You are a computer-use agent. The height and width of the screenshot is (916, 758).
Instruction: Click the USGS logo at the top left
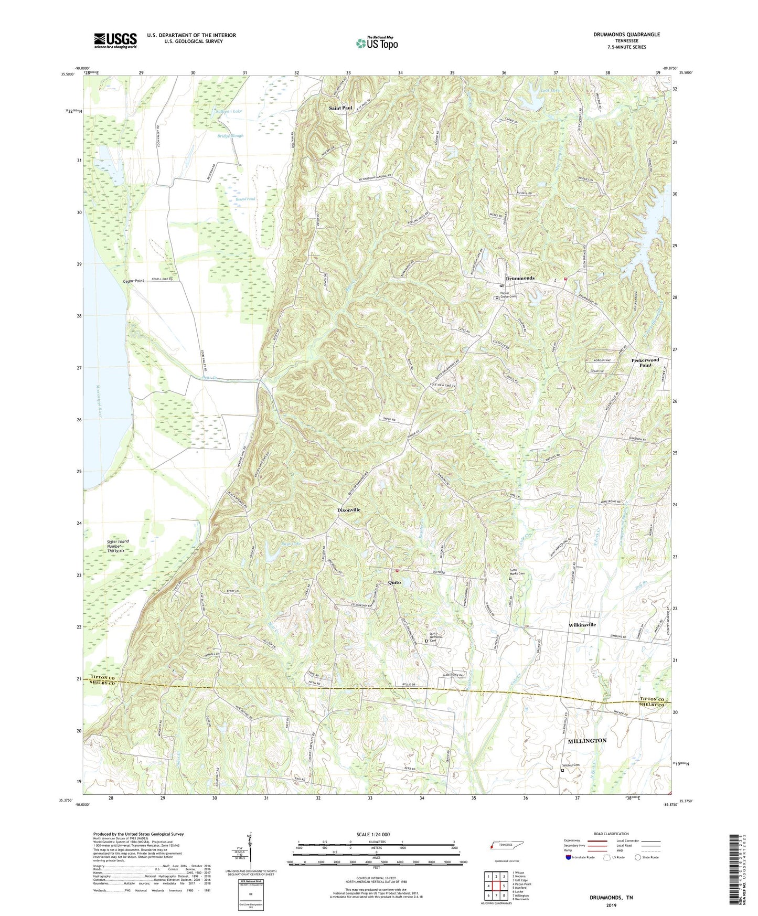click(115, 40)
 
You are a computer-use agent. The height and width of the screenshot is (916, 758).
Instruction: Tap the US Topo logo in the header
click(376, 43)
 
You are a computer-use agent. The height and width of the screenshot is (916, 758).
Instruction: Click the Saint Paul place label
click(341, 108)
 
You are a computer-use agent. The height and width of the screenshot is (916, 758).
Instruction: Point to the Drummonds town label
click(520, 278)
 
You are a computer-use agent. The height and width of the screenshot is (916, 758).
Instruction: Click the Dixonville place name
click(348, 510)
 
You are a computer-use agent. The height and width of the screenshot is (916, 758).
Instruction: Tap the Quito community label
click(394, 582)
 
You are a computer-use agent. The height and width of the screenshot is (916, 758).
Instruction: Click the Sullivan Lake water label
click(229, 112)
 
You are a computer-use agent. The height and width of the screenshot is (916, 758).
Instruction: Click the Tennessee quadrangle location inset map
click(506, 847)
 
